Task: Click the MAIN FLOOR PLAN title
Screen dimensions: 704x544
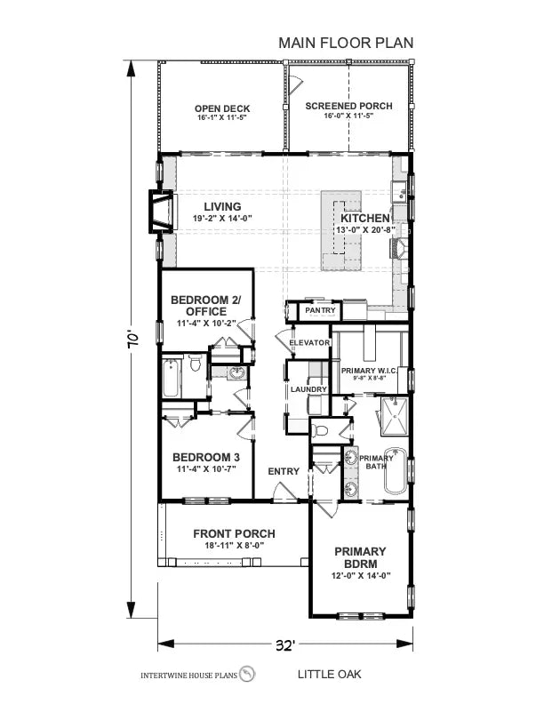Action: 346,42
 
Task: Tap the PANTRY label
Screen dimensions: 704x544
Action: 318,312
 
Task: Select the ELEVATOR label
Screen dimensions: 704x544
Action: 309,343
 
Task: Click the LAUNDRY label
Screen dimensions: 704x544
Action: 308,389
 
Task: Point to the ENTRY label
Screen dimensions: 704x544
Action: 284,471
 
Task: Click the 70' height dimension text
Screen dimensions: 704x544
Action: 132,339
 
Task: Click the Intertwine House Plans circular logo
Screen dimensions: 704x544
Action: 248,674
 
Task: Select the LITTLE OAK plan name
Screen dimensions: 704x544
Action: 329,675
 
